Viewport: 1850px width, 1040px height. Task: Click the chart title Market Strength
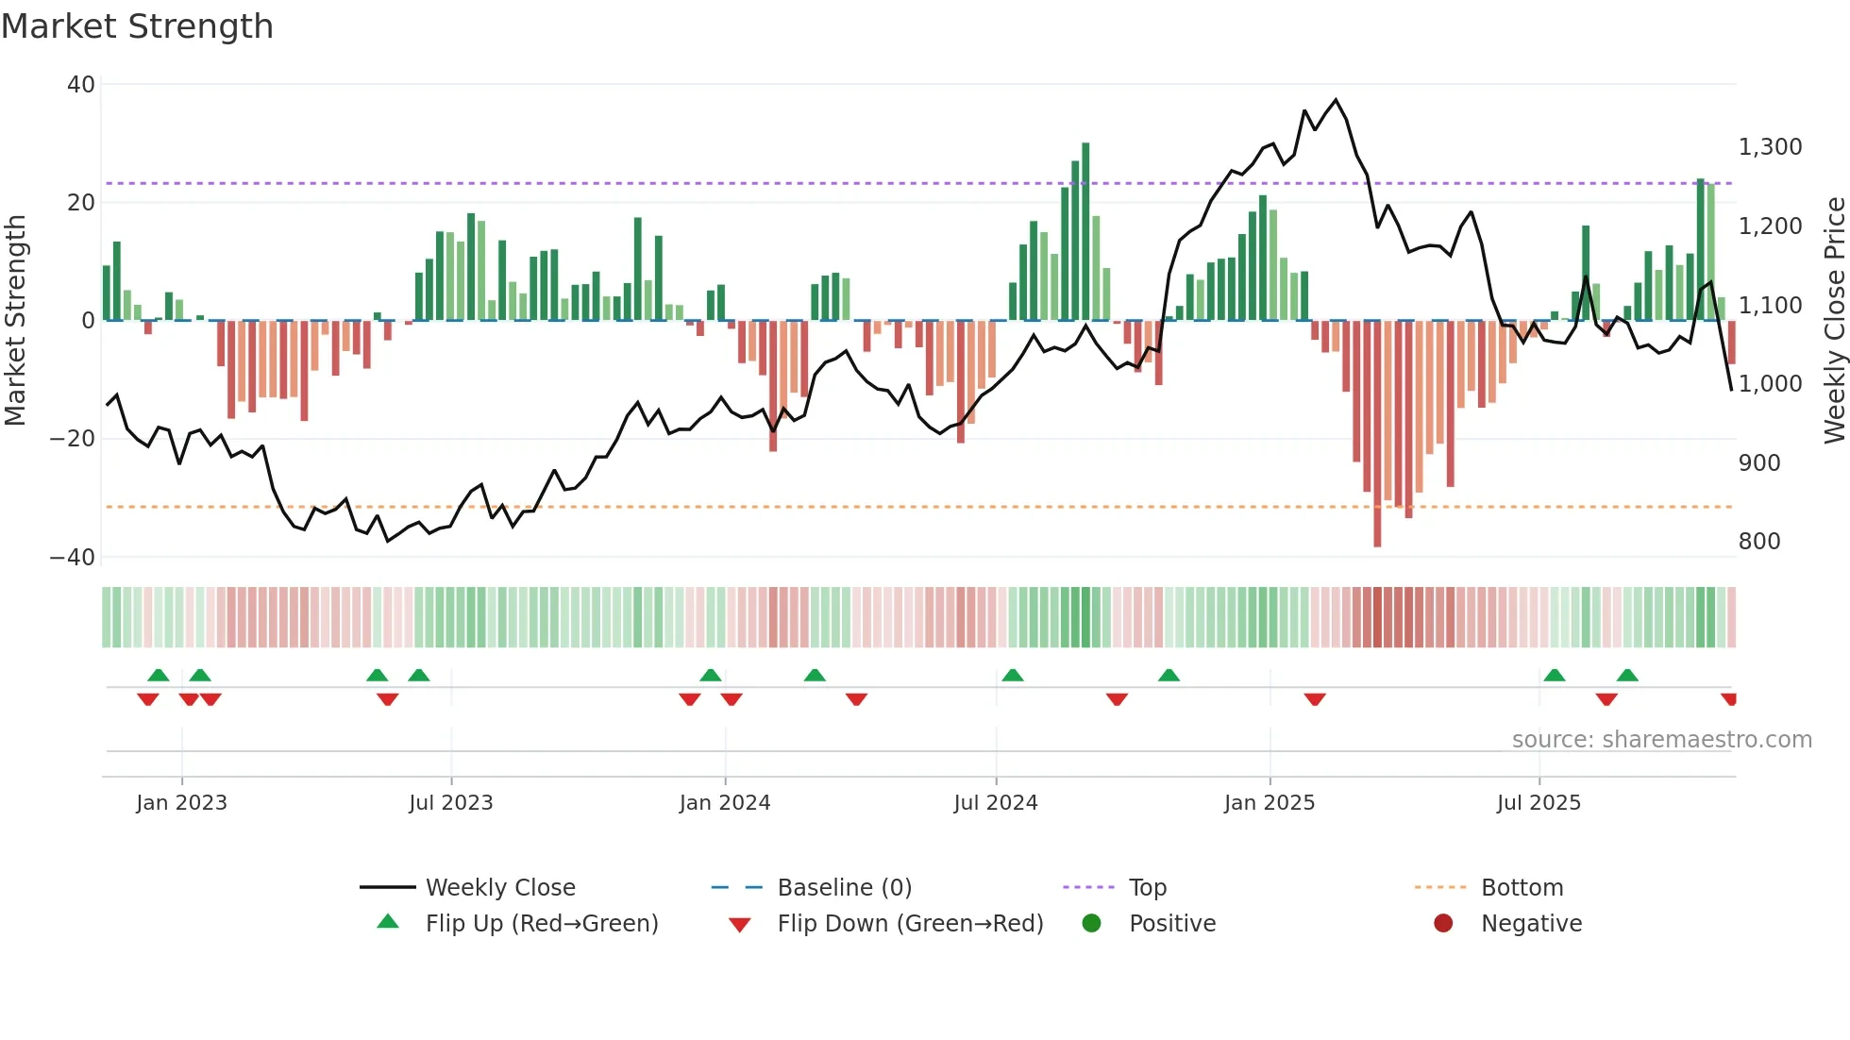coord(137,26)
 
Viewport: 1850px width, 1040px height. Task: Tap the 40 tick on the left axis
coord(81,85)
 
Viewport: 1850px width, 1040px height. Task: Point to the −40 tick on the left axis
coord(73,558)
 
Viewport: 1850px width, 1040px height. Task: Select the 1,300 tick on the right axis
coord(1770,147)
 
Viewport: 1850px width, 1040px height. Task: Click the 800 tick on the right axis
coord(1759,542)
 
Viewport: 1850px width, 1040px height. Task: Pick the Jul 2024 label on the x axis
coord(995,803)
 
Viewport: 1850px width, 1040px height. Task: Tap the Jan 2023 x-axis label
coord(181,803)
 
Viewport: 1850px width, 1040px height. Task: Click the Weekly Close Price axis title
coord(1834,321)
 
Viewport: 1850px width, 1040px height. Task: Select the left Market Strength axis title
coord(16,321)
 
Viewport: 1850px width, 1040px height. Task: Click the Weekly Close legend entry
coord(499,888)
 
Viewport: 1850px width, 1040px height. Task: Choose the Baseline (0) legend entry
coord(844,888)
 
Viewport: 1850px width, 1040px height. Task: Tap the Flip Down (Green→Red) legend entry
coord(909,924)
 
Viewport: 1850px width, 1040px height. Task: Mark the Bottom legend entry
coord(1522,888)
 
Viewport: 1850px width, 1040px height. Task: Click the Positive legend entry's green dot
coord(1091,924)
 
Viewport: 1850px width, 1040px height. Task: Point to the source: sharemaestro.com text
coord(1661,740)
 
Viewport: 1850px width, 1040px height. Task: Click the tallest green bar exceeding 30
coord(1085,231)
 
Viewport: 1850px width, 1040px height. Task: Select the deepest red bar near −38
coord(1377,434)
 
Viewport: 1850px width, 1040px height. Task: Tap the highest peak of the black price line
coord(1336,100)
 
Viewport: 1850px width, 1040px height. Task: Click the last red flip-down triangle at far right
coord(1728,699)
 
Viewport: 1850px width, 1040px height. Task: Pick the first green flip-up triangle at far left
coord(159,675)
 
